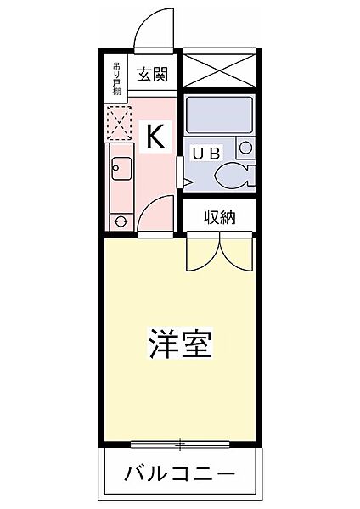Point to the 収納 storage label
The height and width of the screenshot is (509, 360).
click(219, 217)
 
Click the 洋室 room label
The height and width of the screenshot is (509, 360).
click(180, 344)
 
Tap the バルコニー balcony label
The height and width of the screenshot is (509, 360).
click(180, 472)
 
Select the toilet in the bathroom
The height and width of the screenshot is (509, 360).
click(233, 176)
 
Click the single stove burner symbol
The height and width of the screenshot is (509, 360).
click(119, 221)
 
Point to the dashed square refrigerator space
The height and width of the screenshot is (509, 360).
click(119, 122)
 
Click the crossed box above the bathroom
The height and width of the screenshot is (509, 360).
click(219, 67)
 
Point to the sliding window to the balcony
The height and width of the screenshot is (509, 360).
click(180, 443)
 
